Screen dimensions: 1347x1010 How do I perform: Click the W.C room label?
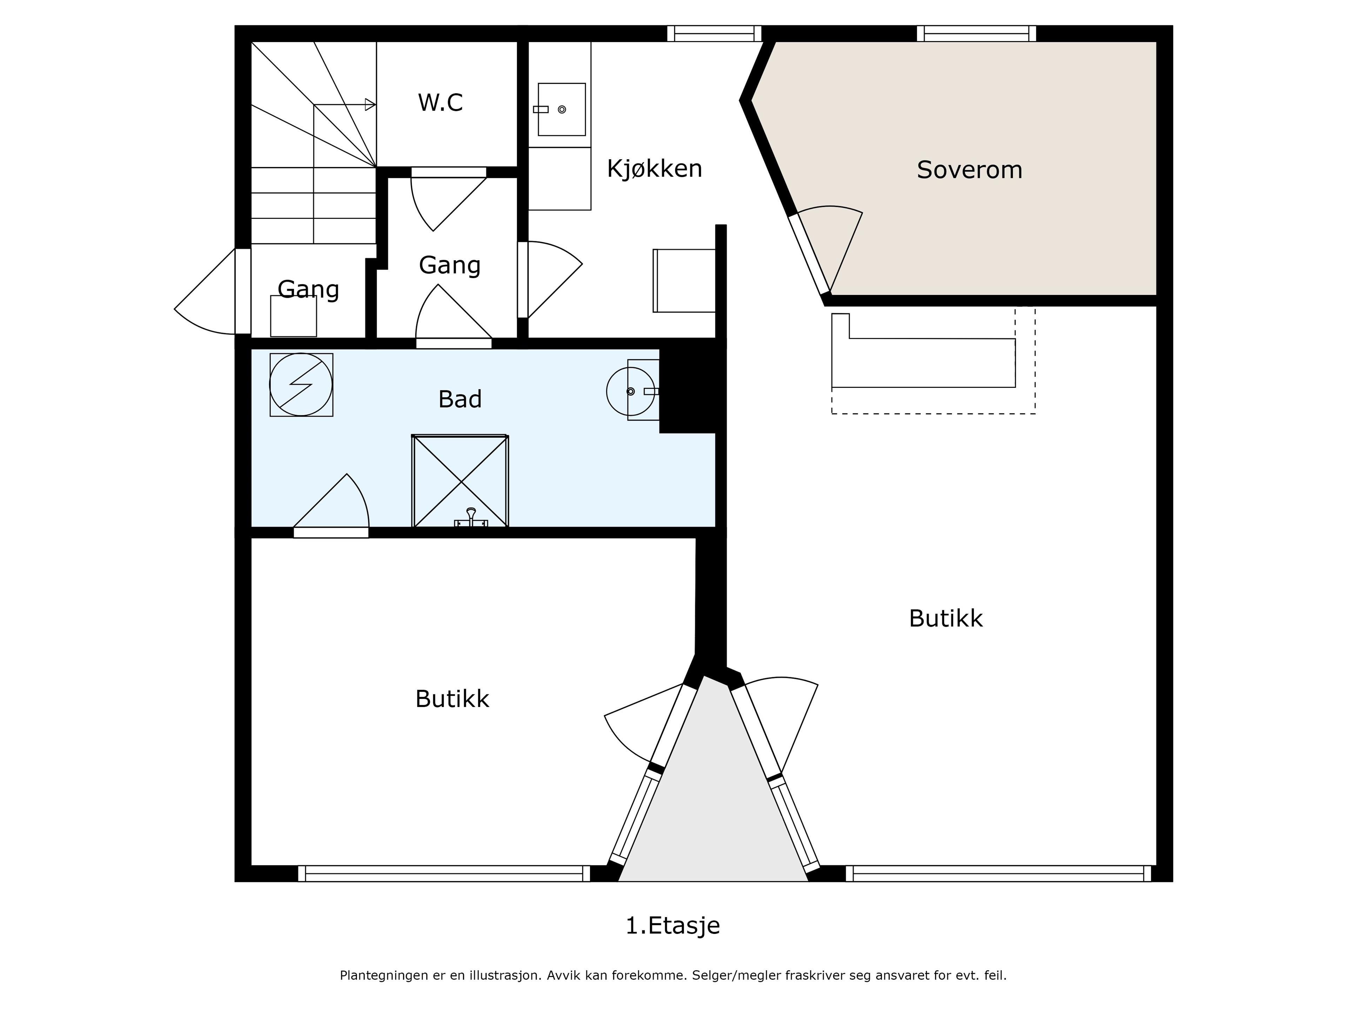440,102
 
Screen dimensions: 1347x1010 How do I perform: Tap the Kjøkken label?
655,169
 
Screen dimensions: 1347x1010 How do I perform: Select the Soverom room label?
970,170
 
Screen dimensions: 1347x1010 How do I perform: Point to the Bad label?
460,399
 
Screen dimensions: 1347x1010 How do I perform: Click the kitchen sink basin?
562,109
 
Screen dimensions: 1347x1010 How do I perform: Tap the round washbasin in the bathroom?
631,391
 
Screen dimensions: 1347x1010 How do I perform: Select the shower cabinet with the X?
460,481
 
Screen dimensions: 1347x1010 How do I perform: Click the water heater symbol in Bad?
301,385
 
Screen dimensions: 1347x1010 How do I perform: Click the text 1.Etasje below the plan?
673,926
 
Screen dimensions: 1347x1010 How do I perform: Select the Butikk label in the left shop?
452,699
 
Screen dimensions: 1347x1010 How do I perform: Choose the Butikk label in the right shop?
946,619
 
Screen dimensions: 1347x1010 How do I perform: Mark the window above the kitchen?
714,33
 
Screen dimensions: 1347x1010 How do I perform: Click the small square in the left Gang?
294,316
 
